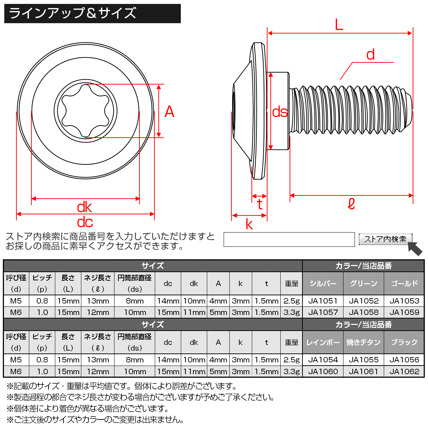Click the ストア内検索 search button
(x=385, y=239)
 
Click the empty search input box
(x=289, y=239)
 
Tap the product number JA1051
(x=323, y=301)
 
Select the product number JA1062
(x=404, y=371)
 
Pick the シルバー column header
(x=323, y=284)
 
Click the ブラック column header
(x=404, y=342)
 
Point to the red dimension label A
(x=169, y=112)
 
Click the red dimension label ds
(x=280, y=112)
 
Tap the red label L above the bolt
(x=339, y=25)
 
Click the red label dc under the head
(x=85, y=223)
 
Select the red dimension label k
(x=249, y=224)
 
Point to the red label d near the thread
(x=371, y=55)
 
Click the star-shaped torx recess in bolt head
(x=86, y=111)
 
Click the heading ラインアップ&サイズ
(x=73, y=13)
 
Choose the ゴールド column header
(x=404, y=284)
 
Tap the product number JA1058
(x=363, y=312)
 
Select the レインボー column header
(x=323, y=342)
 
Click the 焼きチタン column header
(x=363, y=342)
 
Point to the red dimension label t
(x=260, y=204)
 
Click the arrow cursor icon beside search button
(x=415, y=248)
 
